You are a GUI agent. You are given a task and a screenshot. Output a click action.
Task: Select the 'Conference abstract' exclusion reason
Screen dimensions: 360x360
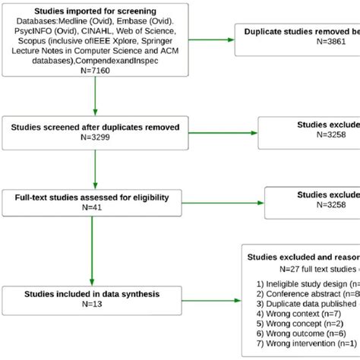point(300,293)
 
